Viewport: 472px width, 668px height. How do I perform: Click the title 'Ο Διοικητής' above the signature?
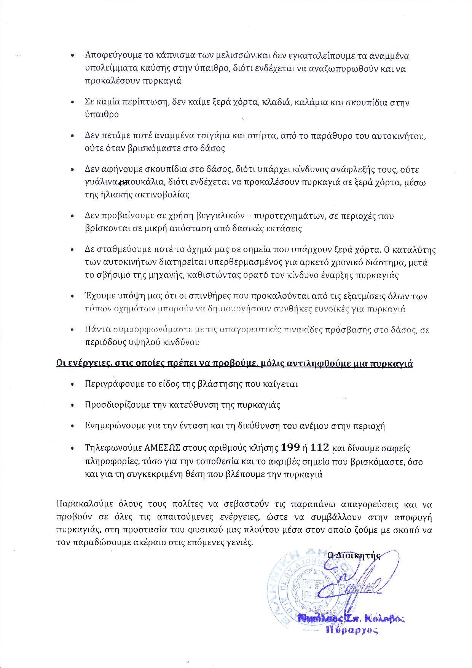[354, 555]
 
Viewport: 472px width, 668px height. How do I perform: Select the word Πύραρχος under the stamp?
[352, 630]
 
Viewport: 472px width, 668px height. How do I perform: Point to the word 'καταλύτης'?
[413, 250]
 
